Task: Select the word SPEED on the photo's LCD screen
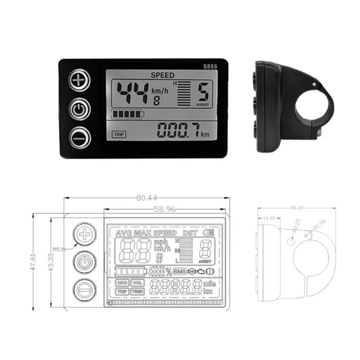pos(162,75)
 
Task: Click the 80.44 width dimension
pos(147,198)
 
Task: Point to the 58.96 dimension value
pos(165,210)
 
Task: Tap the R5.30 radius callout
pos(59,249)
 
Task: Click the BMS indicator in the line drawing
pos(179,271)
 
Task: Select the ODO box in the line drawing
pos(122,283)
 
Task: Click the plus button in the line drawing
pos(84,233)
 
